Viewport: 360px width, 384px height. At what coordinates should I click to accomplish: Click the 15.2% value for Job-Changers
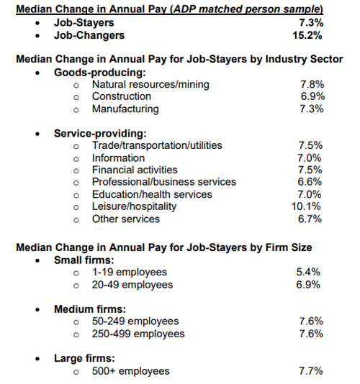pyautogui.click(x=307, y=35)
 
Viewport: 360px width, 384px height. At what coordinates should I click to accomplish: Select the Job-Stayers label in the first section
pyautogui.click(x=84, y=23)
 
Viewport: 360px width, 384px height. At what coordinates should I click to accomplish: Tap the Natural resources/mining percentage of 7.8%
pyautogui.click(x=312, y=84)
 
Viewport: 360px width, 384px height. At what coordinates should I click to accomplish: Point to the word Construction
pyautogui.click(x=122, y=96)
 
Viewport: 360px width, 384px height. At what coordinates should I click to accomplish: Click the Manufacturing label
pyautogui.click(x=125, y=109)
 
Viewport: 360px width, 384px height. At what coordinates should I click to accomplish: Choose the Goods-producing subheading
pyautogui.click(x=100, y=73)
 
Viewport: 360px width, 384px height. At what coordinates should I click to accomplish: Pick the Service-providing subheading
pyautogui.click(x=100, y=134)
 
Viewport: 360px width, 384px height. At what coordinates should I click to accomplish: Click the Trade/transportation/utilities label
pyautogui.click(x=157, y=145)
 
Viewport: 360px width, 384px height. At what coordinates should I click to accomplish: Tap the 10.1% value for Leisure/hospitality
pyautogui.click(x=306, y=206)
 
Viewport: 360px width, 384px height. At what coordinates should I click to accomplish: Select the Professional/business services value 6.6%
pyautogui.click(x=310, y=182)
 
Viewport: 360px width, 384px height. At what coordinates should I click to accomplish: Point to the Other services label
pyautogui.click(x=126, y=219)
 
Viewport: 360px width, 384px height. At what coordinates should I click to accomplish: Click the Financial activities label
pyautogui.click(x=135, y=170)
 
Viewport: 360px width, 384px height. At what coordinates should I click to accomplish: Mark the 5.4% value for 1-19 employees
pyautogui.click(x=308, y=272)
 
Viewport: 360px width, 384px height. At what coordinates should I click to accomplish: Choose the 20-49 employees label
pyautogui.click(x=132, y=285)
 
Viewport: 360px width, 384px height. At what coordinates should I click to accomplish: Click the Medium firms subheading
pyautogui.click(x=90, y=309)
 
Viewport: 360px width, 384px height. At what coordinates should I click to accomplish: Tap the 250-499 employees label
pyautogui.click(x=138, y=334)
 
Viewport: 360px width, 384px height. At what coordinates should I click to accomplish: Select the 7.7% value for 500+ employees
pyautogui.click(x=311, y=371)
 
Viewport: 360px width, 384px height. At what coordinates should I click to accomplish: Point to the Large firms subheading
pyautogui.click(x=84, y=359)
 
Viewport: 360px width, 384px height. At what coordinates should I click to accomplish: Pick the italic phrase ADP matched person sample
pyautogui.click(x=247, y=9)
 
